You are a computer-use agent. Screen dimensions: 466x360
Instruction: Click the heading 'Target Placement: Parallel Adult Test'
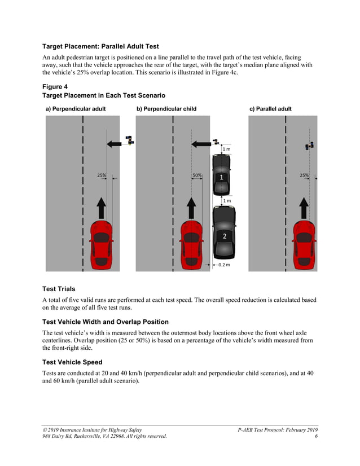point(104,46)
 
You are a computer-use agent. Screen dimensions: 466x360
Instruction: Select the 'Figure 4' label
point(55,86)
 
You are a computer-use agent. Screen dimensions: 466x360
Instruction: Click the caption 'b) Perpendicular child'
point(166,109)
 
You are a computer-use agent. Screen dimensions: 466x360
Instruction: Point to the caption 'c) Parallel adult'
point(270,109)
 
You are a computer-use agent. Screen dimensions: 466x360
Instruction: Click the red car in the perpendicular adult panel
point(102,244)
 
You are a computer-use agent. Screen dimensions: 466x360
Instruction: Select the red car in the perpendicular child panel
point(191,244)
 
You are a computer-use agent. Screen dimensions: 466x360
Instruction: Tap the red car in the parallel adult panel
point(304,244)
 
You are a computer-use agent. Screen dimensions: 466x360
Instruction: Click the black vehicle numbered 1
point(221,175)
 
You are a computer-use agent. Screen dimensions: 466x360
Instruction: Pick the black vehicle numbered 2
point(224,233)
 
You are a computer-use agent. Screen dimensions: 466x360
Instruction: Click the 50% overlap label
point(197,175)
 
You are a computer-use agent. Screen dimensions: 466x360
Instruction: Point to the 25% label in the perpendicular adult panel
point(102,175)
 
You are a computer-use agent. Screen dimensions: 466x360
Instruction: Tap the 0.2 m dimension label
point(224,265)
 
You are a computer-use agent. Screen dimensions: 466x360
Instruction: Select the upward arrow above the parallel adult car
point(304,208)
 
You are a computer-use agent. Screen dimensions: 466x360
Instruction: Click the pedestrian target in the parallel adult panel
point(309,146)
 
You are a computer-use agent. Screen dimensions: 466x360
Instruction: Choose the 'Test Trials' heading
point(59,289)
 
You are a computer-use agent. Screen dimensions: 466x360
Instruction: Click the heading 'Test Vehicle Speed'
point(72,362)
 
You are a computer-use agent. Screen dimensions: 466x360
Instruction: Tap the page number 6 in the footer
point(316,436)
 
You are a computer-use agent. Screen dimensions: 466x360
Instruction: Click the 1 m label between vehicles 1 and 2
point(226,201)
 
